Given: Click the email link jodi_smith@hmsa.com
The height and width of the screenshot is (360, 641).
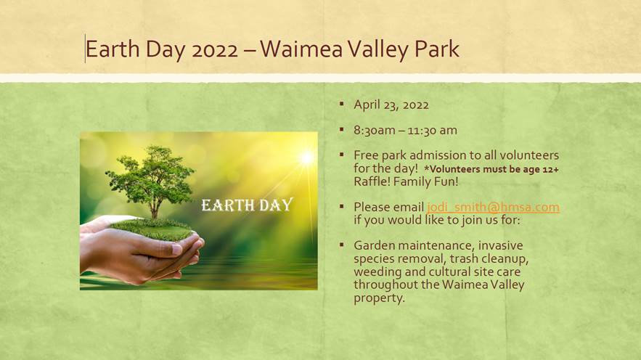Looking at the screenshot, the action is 493,207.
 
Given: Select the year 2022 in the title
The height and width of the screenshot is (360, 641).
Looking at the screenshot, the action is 215,50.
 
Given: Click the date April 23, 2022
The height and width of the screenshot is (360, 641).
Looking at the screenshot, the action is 391,105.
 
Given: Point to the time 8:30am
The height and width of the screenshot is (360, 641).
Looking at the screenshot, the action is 375,131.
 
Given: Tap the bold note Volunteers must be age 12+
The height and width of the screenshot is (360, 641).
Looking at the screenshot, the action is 491,169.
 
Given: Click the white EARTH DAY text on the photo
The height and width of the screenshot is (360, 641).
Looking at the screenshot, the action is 247,205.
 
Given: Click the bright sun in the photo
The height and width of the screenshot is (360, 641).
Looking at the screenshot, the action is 306,157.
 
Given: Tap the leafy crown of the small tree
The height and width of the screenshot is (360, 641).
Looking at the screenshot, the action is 150,176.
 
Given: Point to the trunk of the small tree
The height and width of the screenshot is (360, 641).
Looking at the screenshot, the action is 154,210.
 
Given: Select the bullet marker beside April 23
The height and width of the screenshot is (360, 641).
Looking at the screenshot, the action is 342,104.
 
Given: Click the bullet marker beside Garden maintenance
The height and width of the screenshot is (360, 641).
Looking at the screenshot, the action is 342,245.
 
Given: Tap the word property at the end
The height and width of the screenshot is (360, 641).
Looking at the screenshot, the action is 379,298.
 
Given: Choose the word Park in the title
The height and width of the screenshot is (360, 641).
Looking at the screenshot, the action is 437,49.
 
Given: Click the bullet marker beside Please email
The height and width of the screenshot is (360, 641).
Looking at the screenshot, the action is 342,206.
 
